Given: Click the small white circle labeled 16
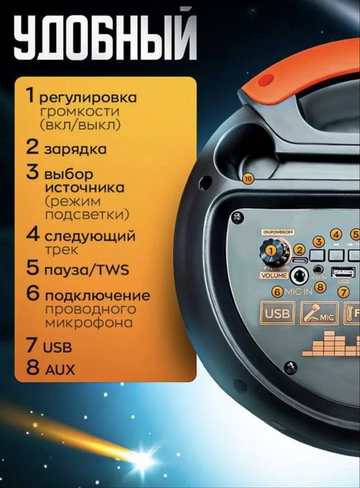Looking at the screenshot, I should click(x=248, y=179).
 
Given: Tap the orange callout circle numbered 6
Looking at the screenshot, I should click(x=277, y=292).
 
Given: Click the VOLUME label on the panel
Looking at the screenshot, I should click(x=275, y=275).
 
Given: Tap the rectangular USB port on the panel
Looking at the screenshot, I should click(x=343, y=272).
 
